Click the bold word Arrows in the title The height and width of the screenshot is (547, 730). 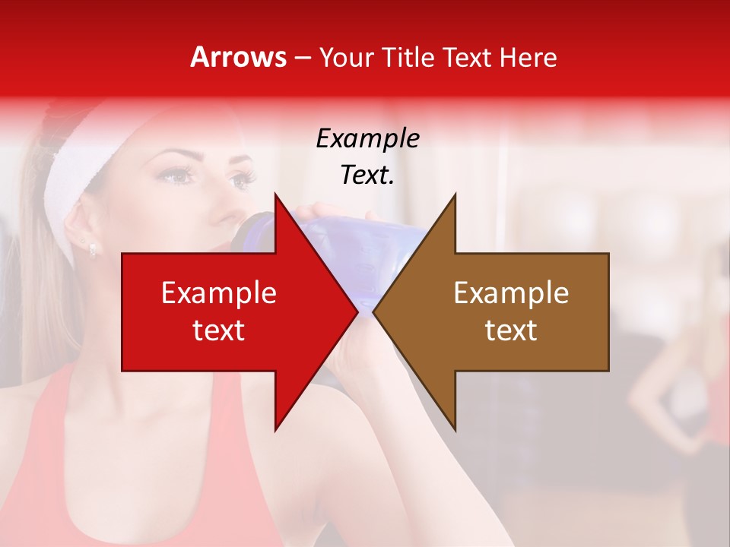point(239,58)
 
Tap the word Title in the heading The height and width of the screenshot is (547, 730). point(408,58)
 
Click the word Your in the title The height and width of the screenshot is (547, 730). point(347,58)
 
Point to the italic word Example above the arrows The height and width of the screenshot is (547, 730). point(367,138)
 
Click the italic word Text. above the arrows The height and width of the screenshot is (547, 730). point(367,175)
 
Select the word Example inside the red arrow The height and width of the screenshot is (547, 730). point(219,292)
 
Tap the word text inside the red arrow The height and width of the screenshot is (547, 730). point(219,330)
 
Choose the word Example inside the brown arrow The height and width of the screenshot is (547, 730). point(511,292)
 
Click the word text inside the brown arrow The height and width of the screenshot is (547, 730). point(511,330)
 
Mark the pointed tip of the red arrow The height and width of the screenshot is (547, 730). point(357,311)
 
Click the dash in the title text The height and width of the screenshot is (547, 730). point(301,58)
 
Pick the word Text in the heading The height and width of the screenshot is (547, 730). point(467,58)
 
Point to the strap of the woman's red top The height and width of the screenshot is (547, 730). point(46,456)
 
